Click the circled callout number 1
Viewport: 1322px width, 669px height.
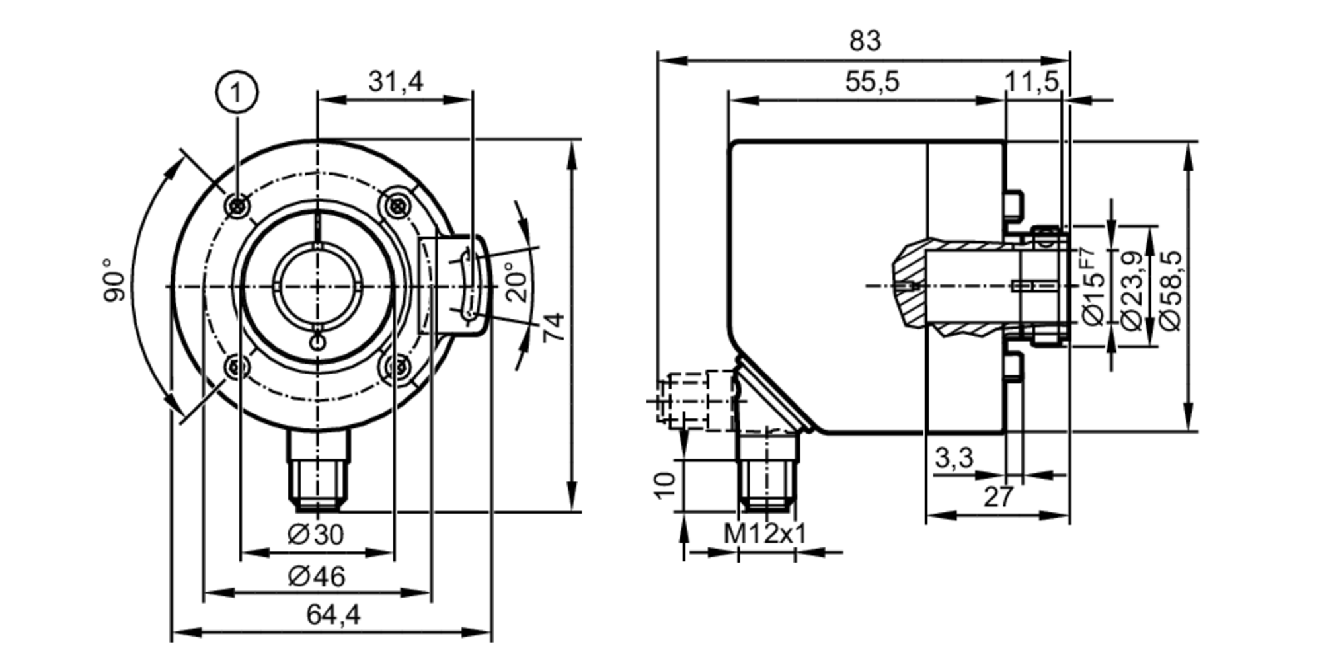pyautogui.click(x=236, y=93)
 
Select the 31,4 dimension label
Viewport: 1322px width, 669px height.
pyautogui.click(x=395, y=82)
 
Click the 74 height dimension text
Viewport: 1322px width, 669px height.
pyautogui.click(x=554, y=327)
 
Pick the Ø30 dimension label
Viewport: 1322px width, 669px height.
pyautogui.click(x=317, y=534)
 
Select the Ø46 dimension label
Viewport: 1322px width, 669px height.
pyautogui.click(x=317, y=576)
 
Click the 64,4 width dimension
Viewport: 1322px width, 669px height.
pyautogui.click(x=333, y=615)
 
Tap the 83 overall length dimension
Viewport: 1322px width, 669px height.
pyautogui.click(x=865, y=41)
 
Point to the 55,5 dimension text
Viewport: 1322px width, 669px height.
pyautogui.click(x=872, y=82)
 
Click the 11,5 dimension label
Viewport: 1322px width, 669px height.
pyautogui.click(x=1031, y=82)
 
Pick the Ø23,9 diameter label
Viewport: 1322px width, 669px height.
pyautogui.click(x=1133, y=289)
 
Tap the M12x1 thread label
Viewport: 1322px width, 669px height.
pyautogui.click(x=765, y=533)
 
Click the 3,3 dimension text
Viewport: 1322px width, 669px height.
pyautogui.click(x=954, y=457)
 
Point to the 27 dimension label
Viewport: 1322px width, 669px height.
pyautogui.click(x=997, y=497)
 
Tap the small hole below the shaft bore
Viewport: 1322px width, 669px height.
pyautogui.click(x=318, y=342)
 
